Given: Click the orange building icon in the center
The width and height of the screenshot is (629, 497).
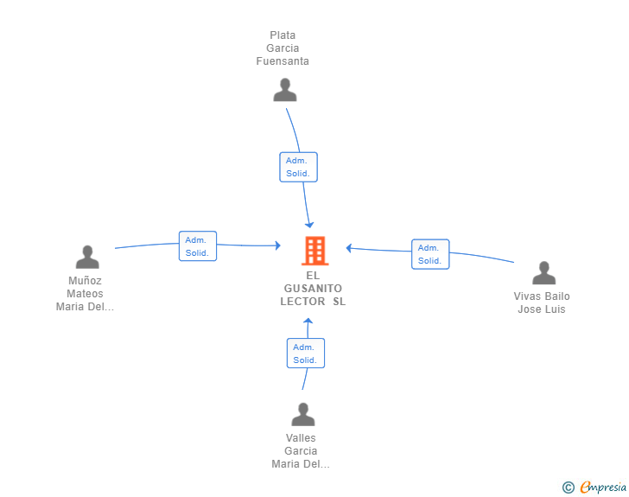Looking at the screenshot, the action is point(314,251).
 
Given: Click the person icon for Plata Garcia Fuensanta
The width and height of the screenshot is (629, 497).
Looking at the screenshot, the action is point(285,90).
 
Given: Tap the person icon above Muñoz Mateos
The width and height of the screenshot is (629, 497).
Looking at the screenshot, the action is point(87,257).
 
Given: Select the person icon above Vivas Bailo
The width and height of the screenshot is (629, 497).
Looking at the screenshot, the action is point(544,273).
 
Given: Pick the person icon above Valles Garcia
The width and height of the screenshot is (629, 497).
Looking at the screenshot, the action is point(303,414).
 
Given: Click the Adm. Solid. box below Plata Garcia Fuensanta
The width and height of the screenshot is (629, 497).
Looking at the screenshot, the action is point(298,167).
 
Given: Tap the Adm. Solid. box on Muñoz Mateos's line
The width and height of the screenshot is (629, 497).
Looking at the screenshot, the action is point(198,246).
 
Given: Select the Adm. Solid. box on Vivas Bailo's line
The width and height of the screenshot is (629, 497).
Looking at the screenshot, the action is point(430,254).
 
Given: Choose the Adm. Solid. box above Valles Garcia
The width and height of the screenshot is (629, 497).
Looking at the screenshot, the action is point(306,354).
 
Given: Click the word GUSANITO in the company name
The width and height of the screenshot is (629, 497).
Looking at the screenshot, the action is point(313,289).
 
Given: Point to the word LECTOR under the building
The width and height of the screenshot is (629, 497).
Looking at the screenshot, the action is point(302,302).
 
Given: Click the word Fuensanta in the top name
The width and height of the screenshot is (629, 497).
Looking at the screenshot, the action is point(283,61).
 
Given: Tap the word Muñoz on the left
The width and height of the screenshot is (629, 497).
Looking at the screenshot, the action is point(85,281).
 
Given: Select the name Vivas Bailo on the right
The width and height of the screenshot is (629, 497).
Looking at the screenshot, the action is point(542,296).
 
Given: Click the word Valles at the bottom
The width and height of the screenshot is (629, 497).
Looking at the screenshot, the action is point(301,438).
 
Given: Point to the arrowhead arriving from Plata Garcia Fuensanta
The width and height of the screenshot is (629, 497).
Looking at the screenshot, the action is point(309,225).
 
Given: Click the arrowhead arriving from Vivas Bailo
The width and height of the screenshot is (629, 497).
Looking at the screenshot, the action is point(349,249).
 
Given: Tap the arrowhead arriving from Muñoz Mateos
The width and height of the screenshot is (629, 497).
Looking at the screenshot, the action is point(277,245).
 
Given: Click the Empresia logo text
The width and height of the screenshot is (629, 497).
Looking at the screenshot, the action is point(603,487).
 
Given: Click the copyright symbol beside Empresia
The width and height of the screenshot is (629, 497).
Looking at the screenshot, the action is point(569,487).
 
